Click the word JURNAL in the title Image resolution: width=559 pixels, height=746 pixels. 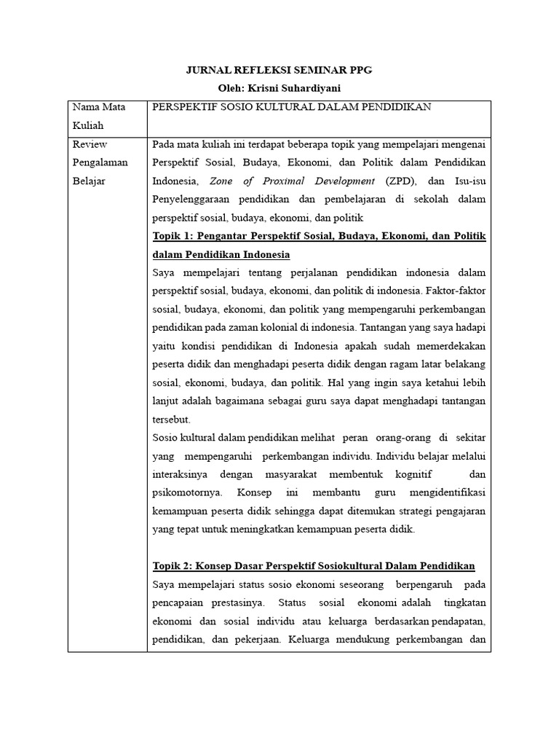coord(206,70)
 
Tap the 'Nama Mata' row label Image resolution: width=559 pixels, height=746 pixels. coord(98,107)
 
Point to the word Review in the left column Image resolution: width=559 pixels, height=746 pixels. coord(89,144)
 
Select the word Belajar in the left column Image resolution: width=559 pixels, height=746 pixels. coord(90,181)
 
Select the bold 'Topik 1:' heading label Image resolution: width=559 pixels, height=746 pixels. coord(175,236)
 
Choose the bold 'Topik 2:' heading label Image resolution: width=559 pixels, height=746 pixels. coord(175,566)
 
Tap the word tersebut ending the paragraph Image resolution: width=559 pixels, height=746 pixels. coord(171,420)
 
